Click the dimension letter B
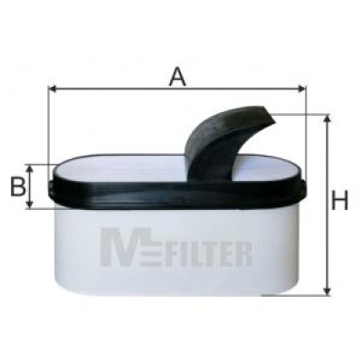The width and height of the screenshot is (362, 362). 18,186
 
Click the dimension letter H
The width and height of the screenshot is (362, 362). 339,200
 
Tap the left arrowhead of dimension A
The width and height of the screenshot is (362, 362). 52,89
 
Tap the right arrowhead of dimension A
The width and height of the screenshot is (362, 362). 301,89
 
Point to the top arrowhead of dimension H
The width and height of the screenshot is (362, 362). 326,119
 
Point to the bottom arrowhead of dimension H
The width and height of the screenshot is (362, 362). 326,291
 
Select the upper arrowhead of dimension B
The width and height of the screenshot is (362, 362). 29,168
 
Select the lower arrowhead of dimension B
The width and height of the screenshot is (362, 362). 29,204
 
